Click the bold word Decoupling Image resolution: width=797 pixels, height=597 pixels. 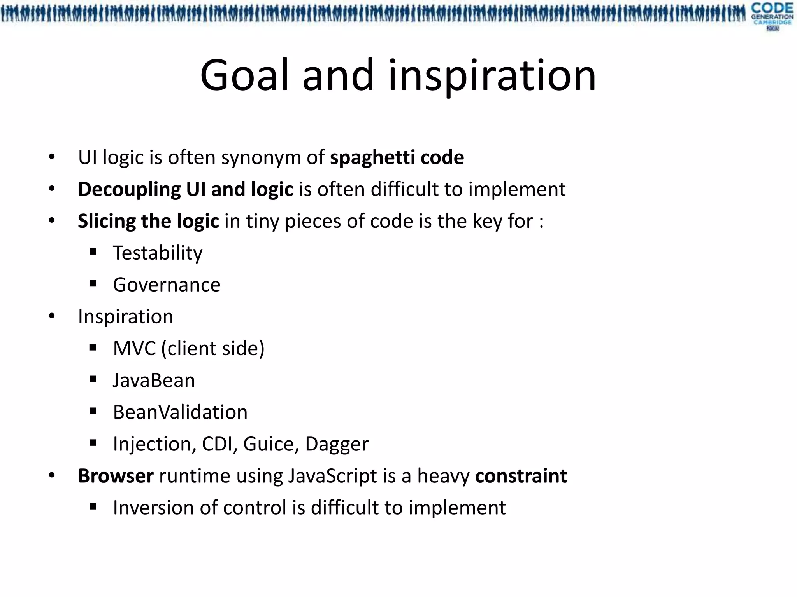point(129,190)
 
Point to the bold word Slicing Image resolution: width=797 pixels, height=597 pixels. point(106,221)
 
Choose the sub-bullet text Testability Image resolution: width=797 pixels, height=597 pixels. point(158,253)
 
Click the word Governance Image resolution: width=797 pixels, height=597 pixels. point(167,285)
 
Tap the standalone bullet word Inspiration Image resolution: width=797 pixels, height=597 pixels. point(125,316)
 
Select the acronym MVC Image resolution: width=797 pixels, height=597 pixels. point(134,348)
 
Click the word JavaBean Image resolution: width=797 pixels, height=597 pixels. point(154,380)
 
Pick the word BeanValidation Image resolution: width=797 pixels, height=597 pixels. point(180,412)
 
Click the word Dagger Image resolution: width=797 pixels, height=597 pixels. point(337,444)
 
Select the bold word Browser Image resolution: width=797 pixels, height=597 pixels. point(116,476)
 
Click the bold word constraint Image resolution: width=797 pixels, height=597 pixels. point(521,476)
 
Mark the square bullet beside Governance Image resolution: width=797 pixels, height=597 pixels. point(93,284)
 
